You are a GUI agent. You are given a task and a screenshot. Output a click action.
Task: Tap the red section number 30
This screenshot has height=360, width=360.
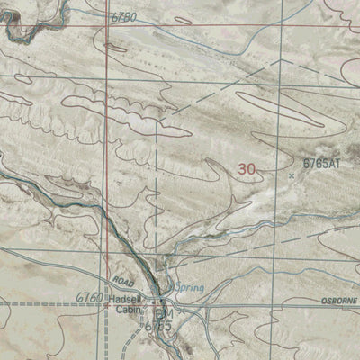247,168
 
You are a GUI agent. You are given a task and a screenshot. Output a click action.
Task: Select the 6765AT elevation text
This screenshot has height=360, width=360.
321,163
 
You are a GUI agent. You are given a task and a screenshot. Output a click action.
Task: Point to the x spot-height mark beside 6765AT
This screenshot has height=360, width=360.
292,176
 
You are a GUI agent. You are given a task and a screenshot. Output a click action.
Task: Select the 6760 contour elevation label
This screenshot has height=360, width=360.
90,297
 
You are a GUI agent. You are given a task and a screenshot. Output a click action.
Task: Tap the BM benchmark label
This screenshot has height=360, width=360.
163,313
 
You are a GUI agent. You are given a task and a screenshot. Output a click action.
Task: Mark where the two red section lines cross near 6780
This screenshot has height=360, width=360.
106,24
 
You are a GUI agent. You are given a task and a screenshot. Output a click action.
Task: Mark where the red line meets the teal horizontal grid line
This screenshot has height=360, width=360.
107,81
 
